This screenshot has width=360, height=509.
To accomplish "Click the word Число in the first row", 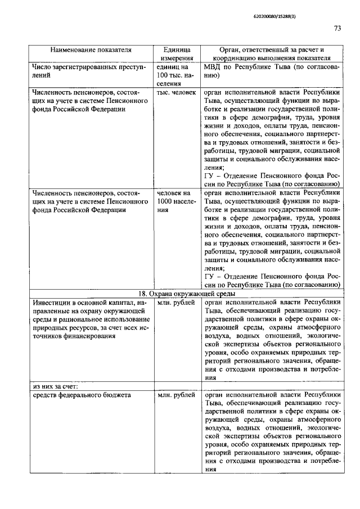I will tap(42, 67).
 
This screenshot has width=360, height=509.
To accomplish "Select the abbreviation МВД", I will tap(213, 67).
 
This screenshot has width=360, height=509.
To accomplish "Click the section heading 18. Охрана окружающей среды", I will tap(186, 294).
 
